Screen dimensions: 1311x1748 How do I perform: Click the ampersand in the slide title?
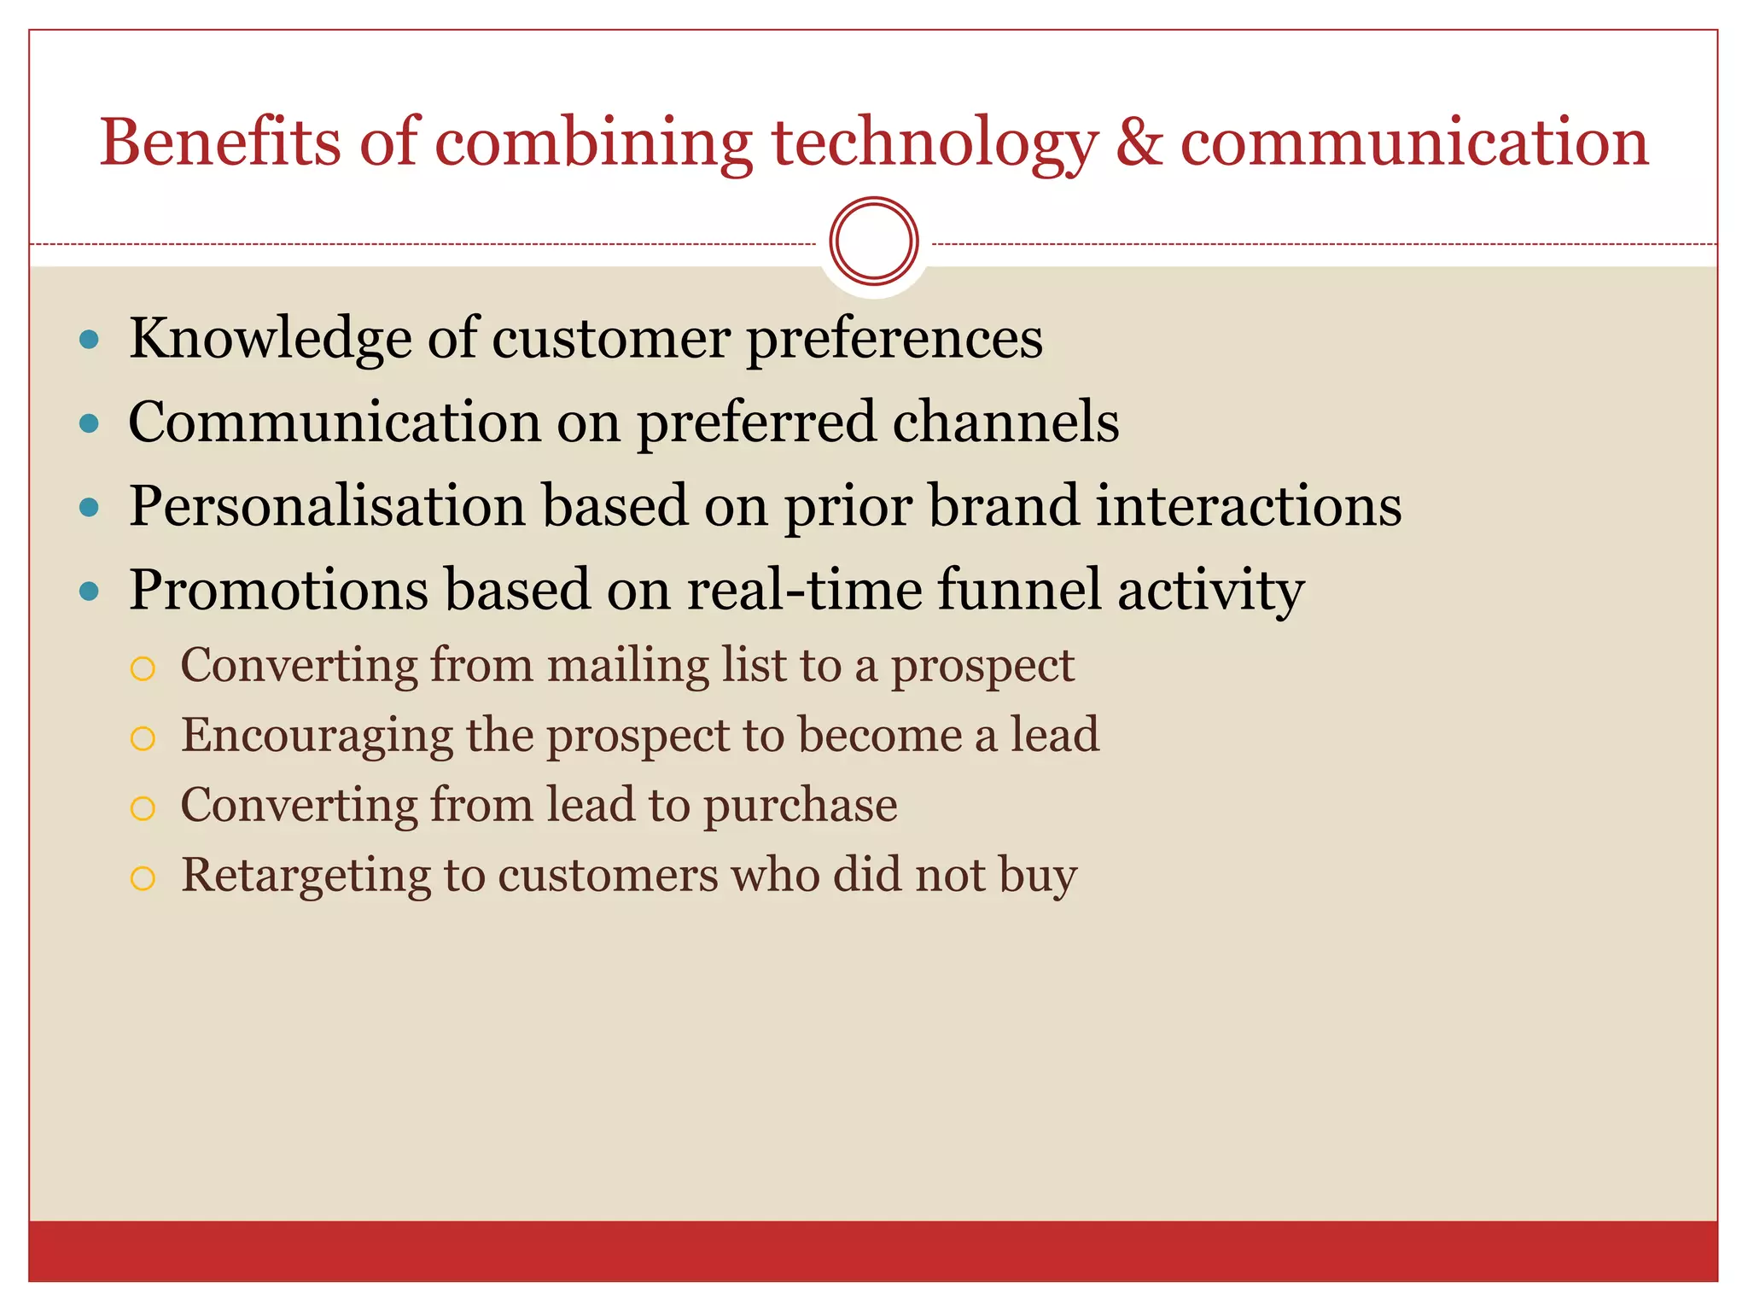[x=1139, y=143]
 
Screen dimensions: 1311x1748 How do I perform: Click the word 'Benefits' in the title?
[x=219, y=143]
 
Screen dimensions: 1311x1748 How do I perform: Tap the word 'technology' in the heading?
[x=934, y=145]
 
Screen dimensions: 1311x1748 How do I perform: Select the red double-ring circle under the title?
[x=873, y=241]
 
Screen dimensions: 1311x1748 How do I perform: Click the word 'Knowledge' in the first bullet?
[x=270, y=340]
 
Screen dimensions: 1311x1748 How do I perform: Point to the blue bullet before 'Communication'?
[x=89, y=423]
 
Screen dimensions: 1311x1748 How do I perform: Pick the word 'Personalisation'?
[x=327, y=507]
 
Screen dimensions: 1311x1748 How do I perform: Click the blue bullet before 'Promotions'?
[x=89, y=591]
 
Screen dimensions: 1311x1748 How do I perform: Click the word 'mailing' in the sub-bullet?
[x=627, y=666]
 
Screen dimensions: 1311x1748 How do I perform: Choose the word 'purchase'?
[x=800, y=807]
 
